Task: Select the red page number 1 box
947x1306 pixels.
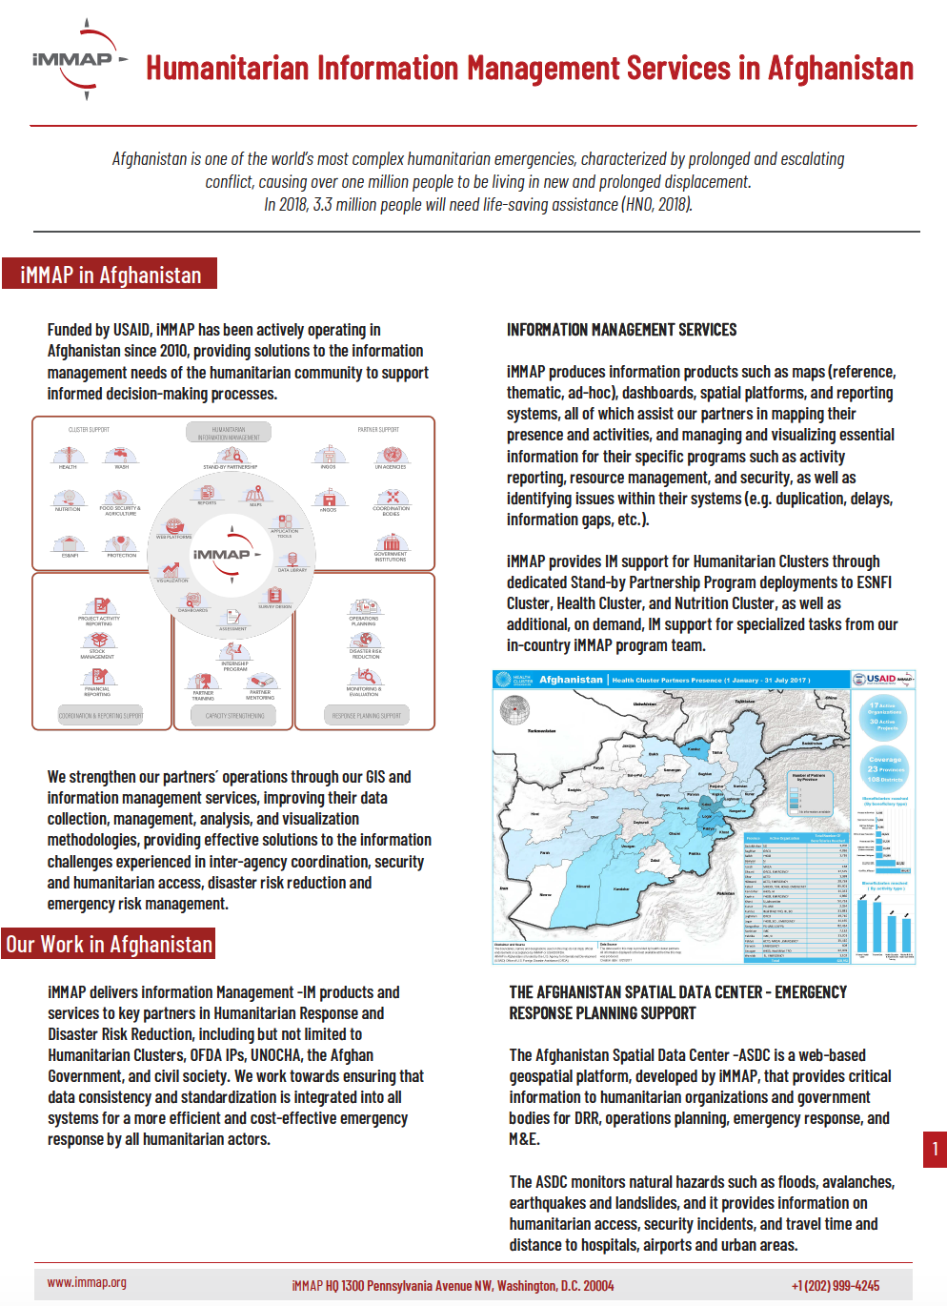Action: point(935,1149)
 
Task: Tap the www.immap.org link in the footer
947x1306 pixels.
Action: point(87,1283)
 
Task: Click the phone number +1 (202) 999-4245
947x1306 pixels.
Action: point(835,1286)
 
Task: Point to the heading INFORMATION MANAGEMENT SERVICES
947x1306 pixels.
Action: point(621,330)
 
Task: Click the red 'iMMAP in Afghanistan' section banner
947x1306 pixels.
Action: point(110,275)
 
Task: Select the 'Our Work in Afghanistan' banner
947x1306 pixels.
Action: point(109,945)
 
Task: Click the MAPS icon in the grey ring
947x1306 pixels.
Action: point(255,493)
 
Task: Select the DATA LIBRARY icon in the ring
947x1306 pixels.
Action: point(292,559)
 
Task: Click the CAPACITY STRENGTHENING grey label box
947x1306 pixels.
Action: point(235,716)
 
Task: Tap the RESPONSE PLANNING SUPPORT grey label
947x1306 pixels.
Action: point(366,716)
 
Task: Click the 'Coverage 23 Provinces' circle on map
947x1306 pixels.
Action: point(885,767)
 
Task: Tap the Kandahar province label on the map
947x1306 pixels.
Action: point(621,888)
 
